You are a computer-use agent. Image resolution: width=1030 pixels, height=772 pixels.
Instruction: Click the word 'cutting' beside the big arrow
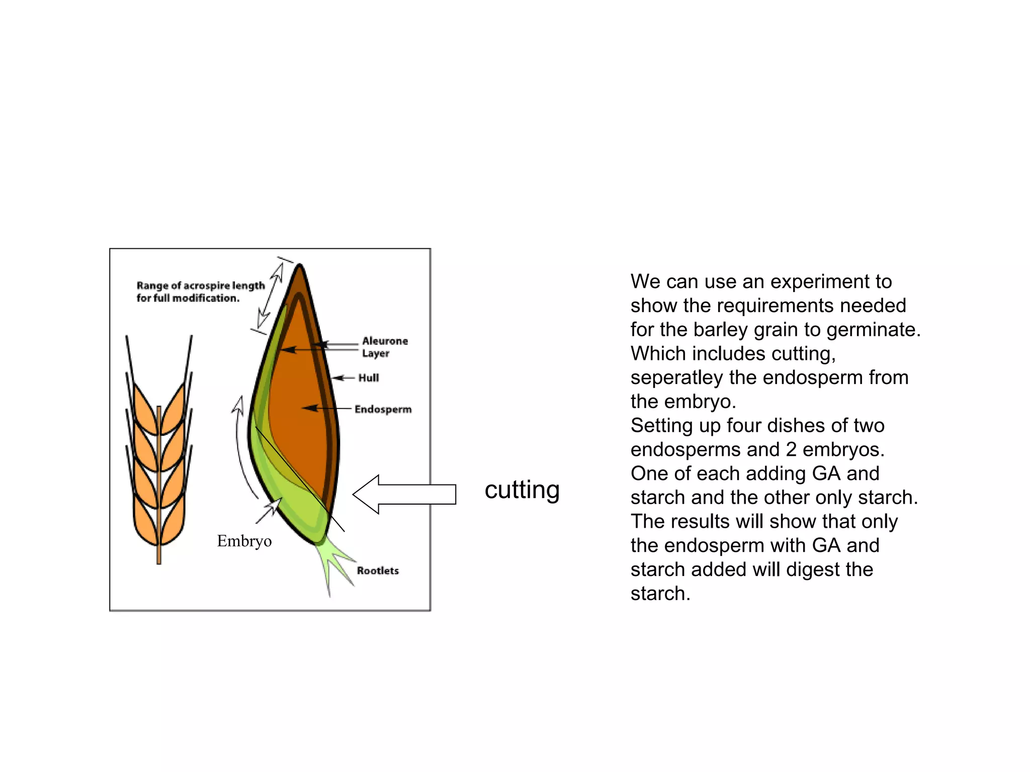pos(522,490)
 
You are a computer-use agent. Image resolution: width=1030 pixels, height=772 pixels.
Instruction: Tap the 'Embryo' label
pos(244,541)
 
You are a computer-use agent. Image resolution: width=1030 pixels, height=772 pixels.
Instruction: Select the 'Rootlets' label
pos(378,570)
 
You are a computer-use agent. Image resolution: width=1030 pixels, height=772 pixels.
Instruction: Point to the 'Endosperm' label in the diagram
pos(383,409)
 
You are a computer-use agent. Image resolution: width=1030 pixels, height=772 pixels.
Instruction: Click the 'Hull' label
pos(369,378)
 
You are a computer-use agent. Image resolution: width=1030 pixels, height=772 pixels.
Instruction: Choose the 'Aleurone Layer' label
pos(385,347)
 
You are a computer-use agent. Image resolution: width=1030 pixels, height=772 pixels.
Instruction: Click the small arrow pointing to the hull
pos(342,378)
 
